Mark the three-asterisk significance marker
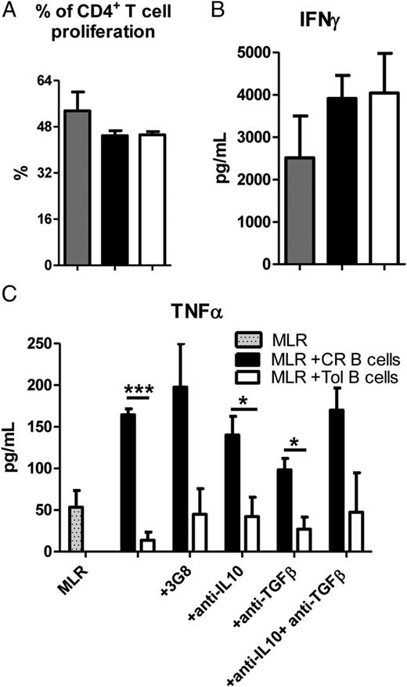[x=138, y=390]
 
